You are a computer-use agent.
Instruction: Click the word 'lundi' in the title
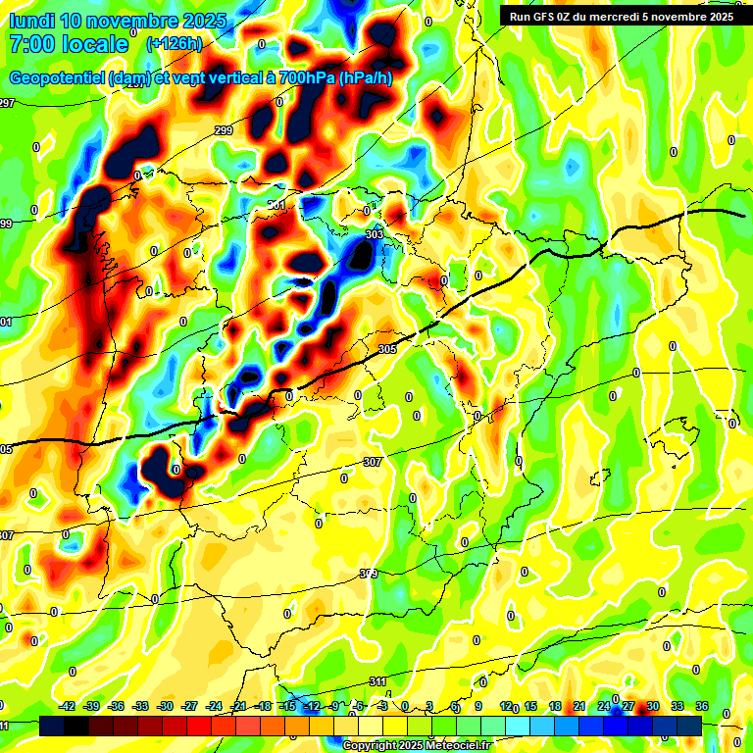[30, 21]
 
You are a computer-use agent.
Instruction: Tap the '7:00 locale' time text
[69, 44]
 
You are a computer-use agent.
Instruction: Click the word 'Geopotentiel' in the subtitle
[58, 78]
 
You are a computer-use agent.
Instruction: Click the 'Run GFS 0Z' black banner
[618, 16]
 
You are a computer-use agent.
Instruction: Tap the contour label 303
[374, 235]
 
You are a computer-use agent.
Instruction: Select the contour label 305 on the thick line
[386, 349]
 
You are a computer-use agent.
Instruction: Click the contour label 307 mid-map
[372, 462]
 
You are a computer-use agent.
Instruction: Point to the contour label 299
[224, 130]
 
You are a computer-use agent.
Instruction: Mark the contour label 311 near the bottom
[377, 681]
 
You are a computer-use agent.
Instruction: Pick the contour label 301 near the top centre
[276, 205]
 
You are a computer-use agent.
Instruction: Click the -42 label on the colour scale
[68, 706]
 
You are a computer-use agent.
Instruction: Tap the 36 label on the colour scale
[701, 706]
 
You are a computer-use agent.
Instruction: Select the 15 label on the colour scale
[530, 706]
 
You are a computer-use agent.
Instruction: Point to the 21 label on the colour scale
[579, 706]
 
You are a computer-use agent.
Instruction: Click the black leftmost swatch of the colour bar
[52, 726]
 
